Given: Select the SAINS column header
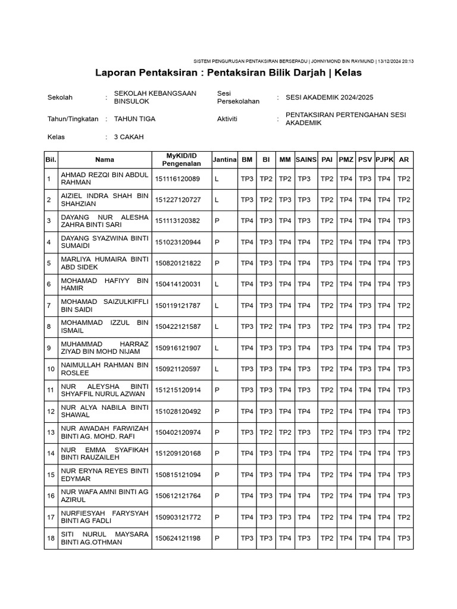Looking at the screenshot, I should point(304,159).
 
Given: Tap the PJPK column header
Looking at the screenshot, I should point(384,159).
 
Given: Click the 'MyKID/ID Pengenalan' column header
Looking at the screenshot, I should point(181,159).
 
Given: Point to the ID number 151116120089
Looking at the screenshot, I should point(177,178).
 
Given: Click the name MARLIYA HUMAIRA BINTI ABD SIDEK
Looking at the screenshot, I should point(104,263).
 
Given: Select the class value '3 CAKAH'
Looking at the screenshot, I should point(129,137).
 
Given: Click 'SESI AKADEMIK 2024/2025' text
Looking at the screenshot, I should point(330,98).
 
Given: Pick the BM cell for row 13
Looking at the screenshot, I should point(247,432).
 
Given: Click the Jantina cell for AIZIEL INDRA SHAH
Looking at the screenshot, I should point(217,200).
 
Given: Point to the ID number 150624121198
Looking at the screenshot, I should point(177,538).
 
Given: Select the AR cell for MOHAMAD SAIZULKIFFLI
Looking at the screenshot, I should point(404,306).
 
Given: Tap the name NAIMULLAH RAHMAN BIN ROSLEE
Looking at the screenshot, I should point(104,369).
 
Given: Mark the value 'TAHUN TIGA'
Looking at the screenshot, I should point(134,119).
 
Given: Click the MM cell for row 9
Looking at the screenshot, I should point(285,348).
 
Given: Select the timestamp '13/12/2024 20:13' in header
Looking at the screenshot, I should point(396,61).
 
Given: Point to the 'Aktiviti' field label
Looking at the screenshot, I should point(227,119).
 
